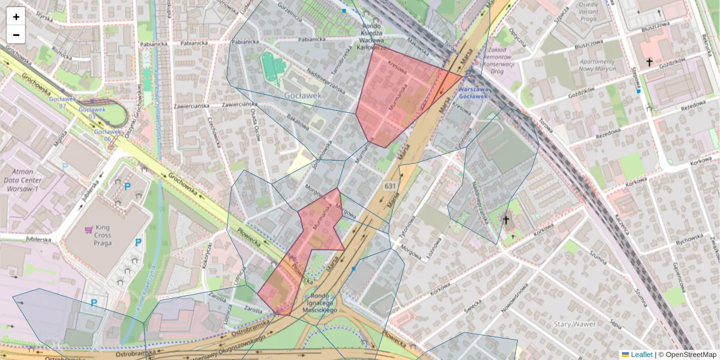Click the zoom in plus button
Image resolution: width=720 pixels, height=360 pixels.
click(16, 17)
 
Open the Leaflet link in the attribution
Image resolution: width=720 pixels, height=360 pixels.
click(641, 355)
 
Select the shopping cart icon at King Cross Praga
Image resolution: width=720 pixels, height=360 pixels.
click(89, 229)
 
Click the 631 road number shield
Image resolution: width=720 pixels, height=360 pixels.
click(390, 187)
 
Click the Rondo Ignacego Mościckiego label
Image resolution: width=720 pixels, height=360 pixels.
click(320, 302)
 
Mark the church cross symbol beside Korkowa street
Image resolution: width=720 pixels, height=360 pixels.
click(505, 221)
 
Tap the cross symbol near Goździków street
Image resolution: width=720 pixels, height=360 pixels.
click(649, 62)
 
